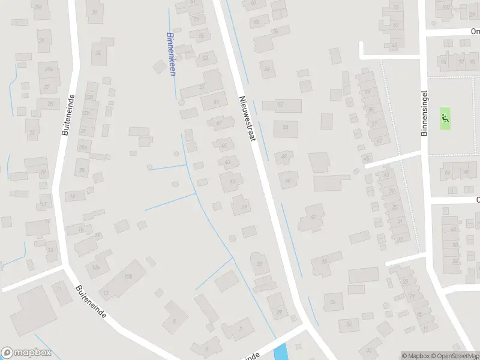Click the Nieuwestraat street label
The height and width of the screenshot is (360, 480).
[247, 119]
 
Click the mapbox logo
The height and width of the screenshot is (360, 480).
[26, 353]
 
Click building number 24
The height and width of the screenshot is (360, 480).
[98, 53]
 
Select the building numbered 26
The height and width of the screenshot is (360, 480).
[94, 12]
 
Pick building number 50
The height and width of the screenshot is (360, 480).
[285, 127]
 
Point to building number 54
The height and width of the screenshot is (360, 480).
[268, 69]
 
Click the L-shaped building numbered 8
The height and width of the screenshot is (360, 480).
[175, 316]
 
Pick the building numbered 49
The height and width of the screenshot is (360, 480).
[216, 101]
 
